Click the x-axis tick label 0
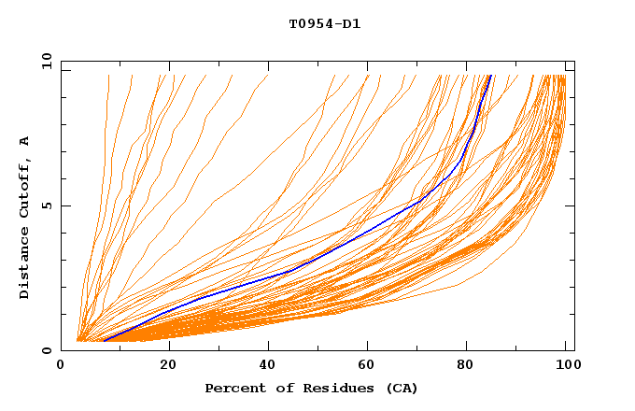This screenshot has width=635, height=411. (x=61, y=367)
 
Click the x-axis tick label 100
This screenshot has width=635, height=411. (x=565, y=367)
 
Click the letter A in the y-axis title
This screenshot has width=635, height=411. (x=25, y=141)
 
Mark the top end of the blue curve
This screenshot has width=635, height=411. (x=490, y=76)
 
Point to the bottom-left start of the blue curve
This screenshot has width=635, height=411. (x=105, y=341)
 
